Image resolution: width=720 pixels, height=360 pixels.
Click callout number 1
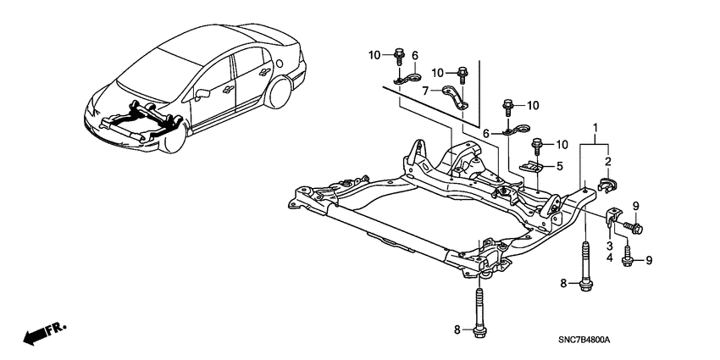[x=598, y=128]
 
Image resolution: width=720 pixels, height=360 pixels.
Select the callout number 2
[x=606, y=161]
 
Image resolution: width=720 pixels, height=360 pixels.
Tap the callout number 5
[x=559, y=167]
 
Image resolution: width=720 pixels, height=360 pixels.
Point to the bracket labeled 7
[x=459, y=94]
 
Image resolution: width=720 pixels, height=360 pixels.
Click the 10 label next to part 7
[x=439, y=72]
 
